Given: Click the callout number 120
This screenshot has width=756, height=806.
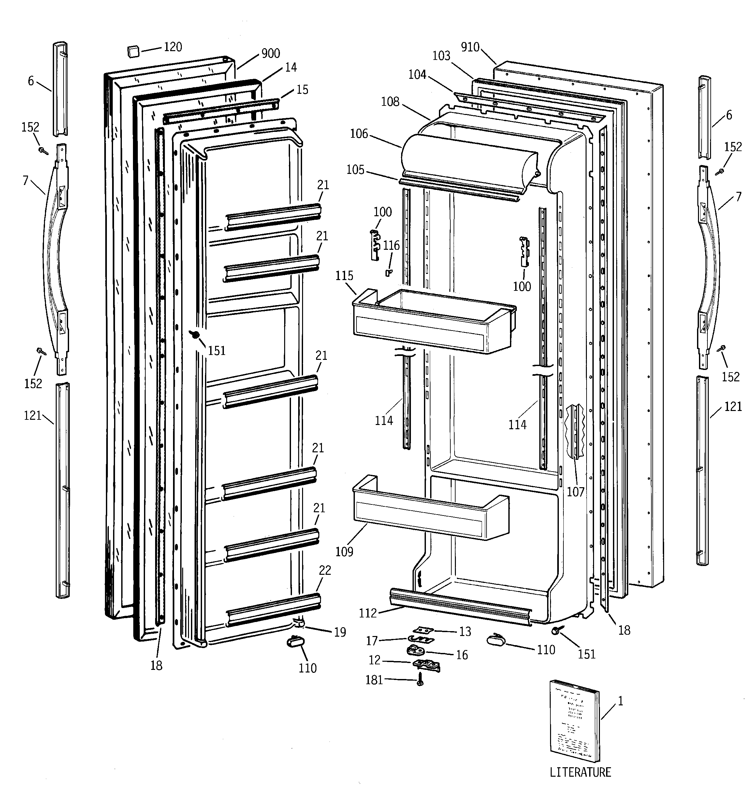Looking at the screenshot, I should coord(172,47).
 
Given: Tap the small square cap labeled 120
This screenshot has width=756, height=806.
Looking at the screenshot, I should coord(133,51).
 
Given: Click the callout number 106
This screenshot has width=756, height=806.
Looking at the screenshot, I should coord(359,134).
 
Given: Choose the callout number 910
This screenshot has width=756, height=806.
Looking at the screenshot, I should coord(470,48).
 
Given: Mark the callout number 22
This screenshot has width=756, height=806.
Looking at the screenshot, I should coord(325,571).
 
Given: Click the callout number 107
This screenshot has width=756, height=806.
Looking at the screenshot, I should coord(575,492).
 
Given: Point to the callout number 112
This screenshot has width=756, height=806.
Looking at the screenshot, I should coord(368,613).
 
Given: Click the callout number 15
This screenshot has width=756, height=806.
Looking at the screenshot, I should coord(302,90).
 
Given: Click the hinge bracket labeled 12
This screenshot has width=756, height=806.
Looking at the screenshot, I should coord(427,665).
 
